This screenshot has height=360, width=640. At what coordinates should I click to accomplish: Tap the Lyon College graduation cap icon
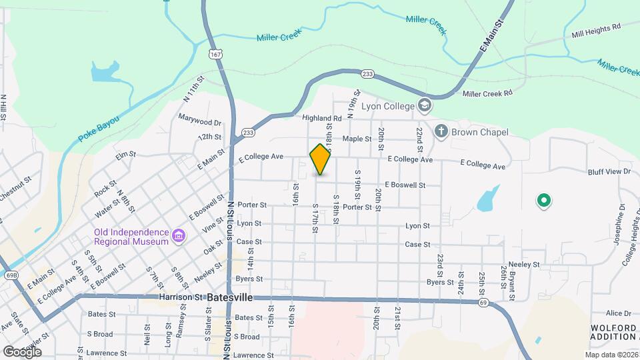425,105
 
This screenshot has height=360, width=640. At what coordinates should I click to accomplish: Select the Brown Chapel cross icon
441,131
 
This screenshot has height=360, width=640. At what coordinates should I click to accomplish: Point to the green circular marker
543,199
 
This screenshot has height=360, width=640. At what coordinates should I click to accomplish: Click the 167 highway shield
215,52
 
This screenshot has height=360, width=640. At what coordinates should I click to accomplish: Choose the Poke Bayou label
98,128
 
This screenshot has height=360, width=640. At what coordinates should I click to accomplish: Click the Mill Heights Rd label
595,26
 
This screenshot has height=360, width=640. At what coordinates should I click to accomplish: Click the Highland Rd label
321,118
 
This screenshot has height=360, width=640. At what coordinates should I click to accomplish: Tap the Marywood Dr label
199,123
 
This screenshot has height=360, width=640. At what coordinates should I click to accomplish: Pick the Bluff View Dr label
609,171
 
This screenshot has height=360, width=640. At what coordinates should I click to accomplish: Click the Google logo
22,351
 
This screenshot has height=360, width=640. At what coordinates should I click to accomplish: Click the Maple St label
356,139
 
